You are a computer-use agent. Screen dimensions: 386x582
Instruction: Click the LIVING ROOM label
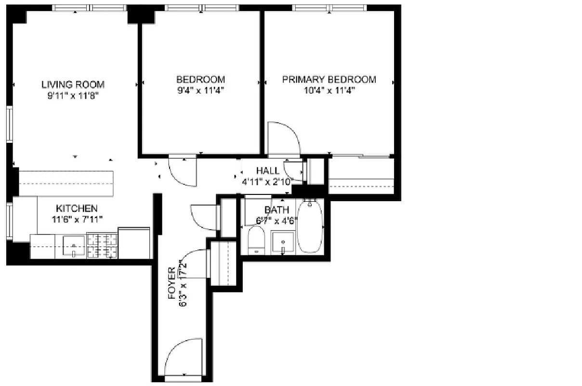click(73, 84)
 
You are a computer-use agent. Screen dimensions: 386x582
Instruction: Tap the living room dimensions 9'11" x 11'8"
click(73, 96)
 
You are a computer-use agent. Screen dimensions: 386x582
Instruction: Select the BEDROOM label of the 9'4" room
click(200, 80)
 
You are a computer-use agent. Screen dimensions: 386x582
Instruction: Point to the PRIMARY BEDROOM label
click(329, 80)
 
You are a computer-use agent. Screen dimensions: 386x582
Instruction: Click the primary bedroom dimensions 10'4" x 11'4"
click(329, 91)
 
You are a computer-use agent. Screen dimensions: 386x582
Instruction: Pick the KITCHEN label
click(77, 208)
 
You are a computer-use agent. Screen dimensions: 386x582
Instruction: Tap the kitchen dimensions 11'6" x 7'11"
click(77, 220)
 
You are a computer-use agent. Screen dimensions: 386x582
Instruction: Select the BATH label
click(277, 210)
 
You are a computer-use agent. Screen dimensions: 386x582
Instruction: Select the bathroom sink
click(283, 243)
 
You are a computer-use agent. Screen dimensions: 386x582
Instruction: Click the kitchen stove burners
click(102, 246)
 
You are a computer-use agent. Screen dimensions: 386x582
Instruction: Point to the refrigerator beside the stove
click(133, 243)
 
